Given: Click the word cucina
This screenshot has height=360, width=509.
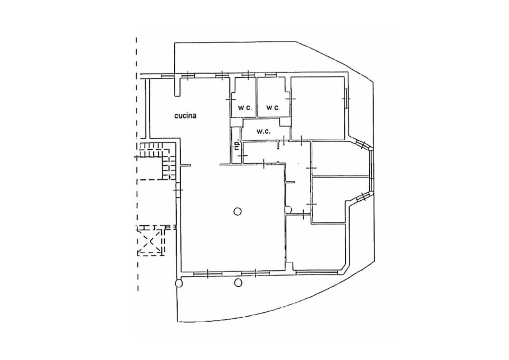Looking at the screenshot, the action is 185,116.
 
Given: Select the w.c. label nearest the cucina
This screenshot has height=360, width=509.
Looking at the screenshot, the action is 245,108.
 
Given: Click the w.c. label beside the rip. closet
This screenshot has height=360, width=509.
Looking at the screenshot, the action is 263,131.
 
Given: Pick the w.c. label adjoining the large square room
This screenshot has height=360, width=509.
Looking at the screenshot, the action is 273,108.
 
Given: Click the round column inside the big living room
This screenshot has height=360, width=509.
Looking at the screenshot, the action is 238,212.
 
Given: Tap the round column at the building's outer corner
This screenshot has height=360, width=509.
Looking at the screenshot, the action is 178,283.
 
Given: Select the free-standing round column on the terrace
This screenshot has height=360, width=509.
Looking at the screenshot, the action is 238,283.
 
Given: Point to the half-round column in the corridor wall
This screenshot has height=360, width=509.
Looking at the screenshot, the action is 288,210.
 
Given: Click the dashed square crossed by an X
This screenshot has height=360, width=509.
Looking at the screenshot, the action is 150,241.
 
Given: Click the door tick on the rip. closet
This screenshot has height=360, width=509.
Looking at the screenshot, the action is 243,156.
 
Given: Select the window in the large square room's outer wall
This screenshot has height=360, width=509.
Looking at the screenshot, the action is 346,98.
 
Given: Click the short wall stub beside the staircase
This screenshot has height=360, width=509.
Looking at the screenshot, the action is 185,165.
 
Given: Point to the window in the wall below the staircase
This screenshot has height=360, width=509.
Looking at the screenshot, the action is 178,190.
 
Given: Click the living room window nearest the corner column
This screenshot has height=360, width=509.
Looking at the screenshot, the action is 208,274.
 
